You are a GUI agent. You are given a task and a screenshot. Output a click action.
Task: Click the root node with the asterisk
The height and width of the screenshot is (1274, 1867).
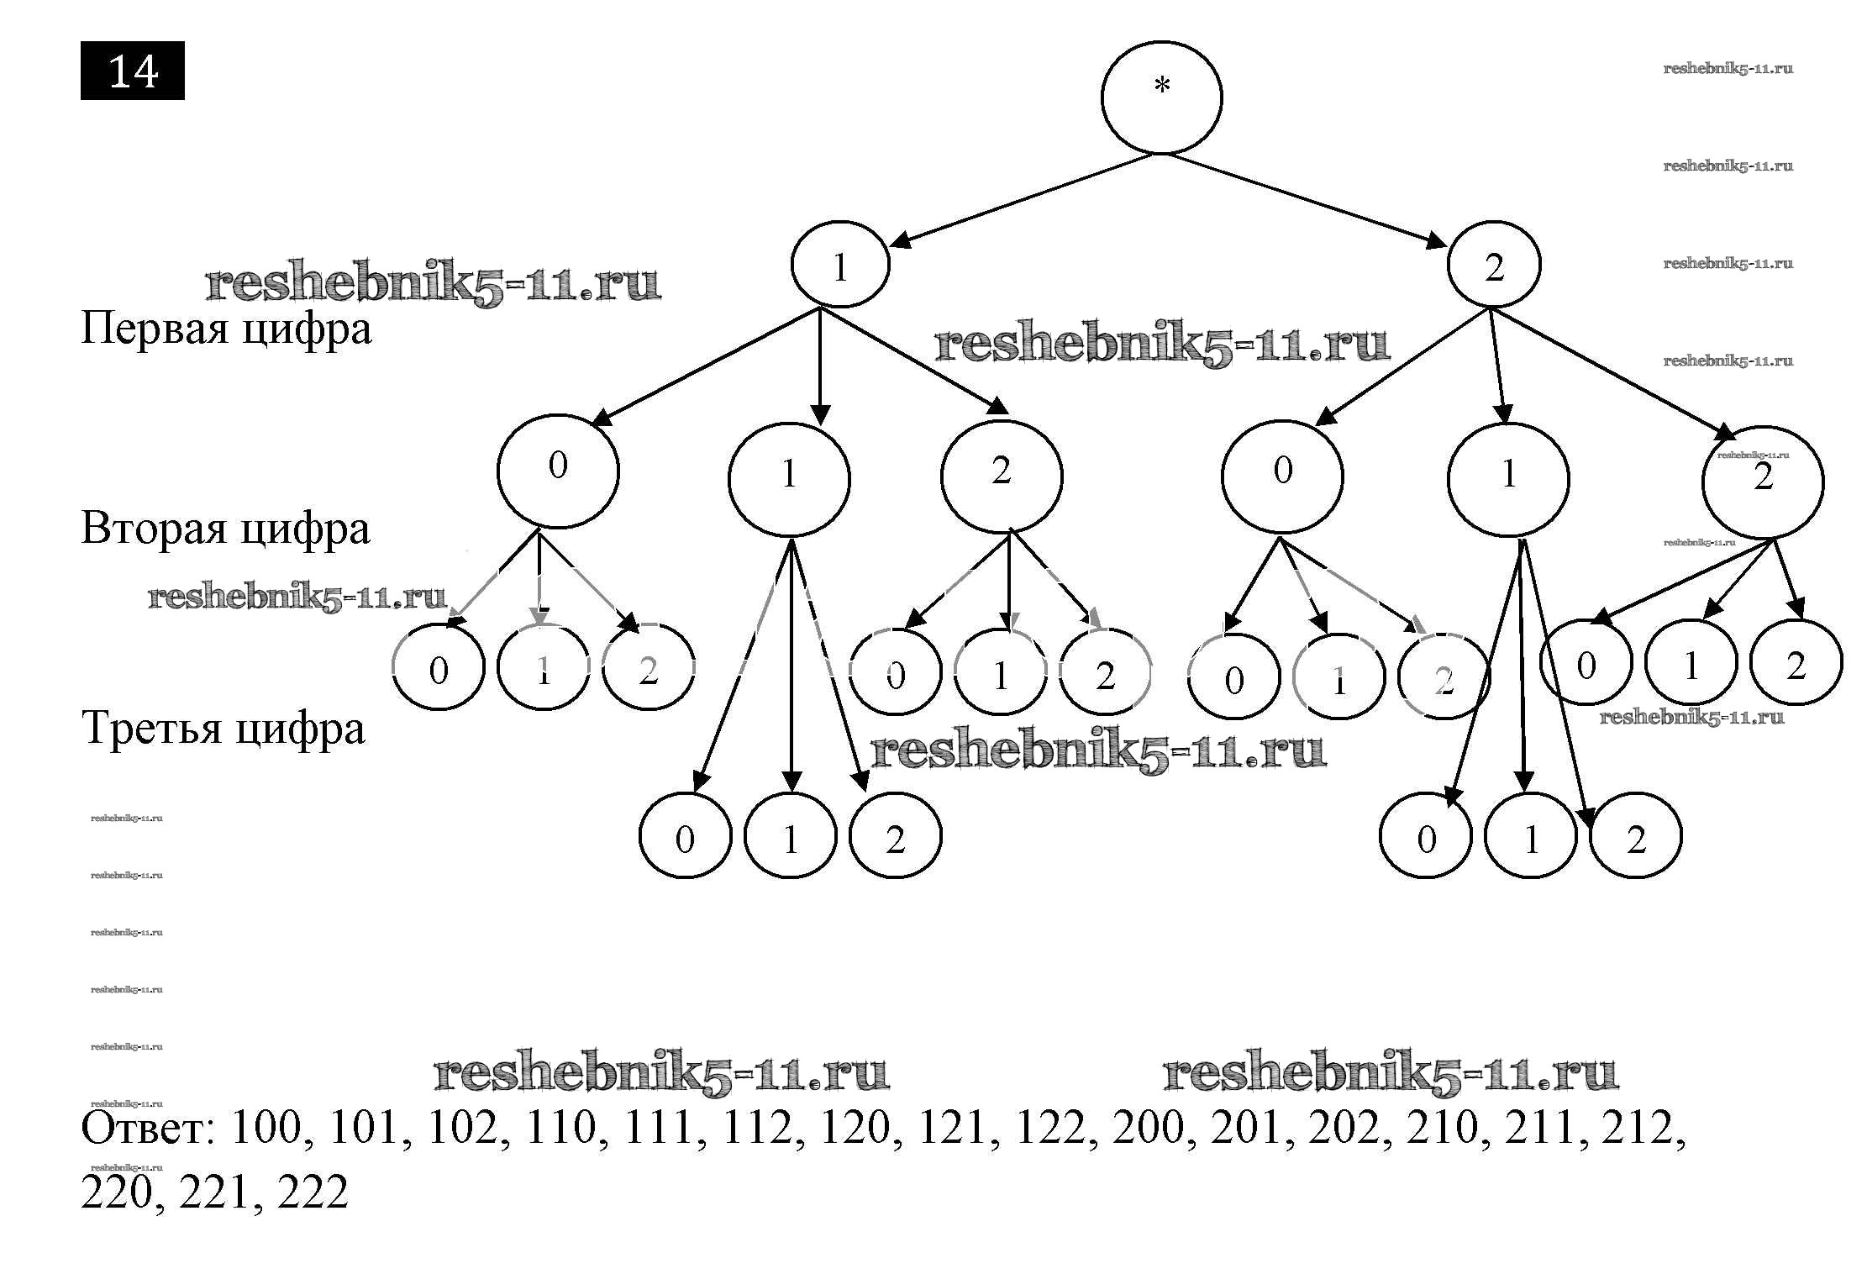pos(1161,97)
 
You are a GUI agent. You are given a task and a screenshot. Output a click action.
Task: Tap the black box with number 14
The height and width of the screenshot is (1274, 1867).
pos(133,71)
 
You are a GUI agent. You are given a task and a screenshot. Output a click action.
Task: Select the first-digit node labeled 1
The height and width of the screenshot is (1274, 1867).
pos(839,264)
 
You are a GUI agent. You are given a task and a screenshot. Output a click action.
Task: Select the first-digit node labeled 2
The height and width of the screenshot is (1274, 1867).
pos(1494,264)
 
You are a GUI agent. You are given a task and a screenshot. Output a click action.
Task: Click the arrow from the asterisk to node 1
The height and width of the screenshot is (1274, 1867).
pos(1021,200)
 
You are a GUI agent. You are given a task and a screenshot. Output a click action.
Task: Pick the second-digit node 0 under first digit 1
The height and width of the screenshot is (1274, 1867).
pos(558,470)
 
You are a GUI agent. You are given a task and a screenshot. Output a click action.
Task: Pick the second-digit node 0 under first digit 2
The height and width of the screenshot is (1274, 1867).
pos(1282,475)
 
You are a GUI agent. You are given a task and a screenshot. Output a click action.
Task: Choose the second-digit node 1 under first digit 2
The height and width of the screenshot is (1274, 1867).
pos(1508,478)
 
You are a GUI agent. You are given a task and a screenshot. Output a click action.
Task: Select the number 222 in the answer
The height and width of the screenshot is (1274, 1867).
pos(312,1192)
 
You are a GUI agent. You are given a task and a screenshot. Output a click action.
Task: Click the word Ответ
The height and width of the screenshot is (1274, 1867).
pos(148,1128)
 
